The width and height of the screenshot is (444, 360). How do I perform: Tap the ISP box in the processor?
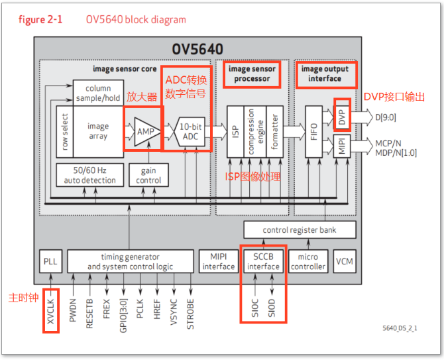point(236,132)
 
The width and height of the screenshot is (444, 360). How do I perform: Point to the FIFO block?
point(313,132)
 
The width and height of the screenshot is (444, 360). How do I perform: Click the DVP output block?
point(341,117)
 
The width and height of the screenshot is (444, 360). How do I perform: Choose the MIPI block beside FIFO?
point(341,146)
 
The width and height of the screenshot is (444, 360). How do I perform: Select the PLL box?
point(50,261)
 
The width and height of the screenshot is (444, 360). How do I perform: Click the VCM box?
point(344,261)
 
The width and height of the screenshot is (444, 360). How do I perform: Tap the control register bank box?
point(300,230)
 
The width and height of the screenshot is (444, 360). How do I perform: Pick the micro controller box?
point(308,261)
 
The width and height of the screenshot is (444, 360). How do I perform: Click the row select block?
point(65,132)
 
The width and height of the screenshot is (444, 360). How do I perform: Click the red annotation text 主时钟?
point(23,296)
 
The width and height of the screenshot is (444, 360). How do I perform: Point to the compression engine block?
point(255,132)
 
